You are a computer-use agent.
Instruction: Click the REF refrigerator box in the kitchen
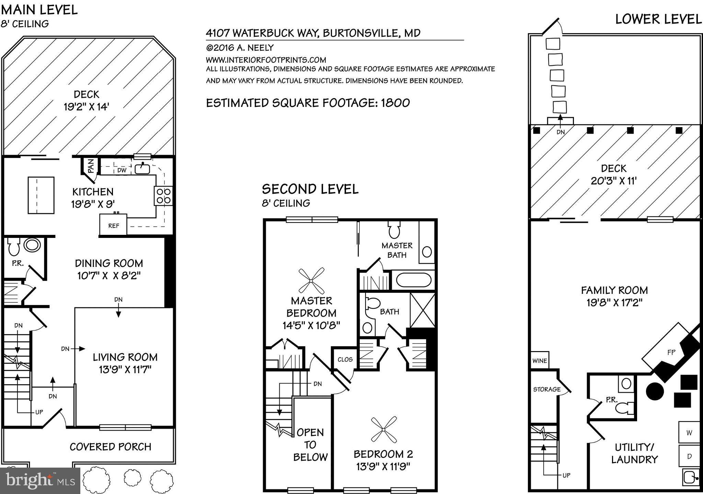pyautogui.click(x=113, y=225)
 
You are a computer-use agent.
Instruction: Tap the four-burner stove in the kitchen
pyautogui.click(x=163, y=196)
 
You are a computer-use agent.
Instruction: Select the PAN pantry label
pyautogui.click(x=91, y=167)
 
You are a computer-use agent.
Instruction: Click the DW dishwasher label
pyautogui.click(x=122, y=170)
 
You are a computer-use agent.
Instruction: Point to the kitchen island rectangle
pyautogui.click(x=41, y=195)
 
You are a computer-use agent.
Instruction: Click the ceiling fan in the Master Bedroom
pyautogui.click(x=311, y=281)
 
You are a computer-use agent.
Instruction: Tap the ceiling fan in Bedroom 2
pyautogui.click(x=384, y=430)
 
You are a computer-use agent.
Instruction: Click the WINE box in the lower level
pyautogui.click(x=540, y=361)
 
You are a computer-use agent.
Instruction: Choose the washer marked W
pyautogui.click(x=689, y=433)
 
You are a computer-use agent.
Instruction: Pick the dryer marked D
pyautogui.click(x=689, y=456)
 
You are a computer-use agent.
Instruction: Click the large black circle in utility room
pyautogui.click(x=655, y=391)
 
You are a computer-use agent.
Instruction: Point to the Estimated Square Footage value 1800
pyautogui.click(x=395, y=103)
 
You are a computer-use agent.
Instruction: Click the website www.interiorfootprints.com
pyautogui.click(x=266, y=60)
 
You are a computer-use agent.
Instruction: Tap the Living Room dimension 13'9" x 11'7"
pyautogui.click(x=125, y=370)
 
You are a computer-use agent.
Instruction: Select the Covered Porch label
pyautogui.click(x=110, y=447)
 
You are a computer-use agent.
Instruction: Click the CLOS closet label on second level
pyautogui.click(x=345, y=359)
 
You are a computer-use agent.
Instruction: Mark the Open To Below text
pyautogui.click(x=310, y=445)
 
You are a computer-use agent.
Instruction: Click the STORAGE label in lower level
pyautogui.click(x=546, y=389)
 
